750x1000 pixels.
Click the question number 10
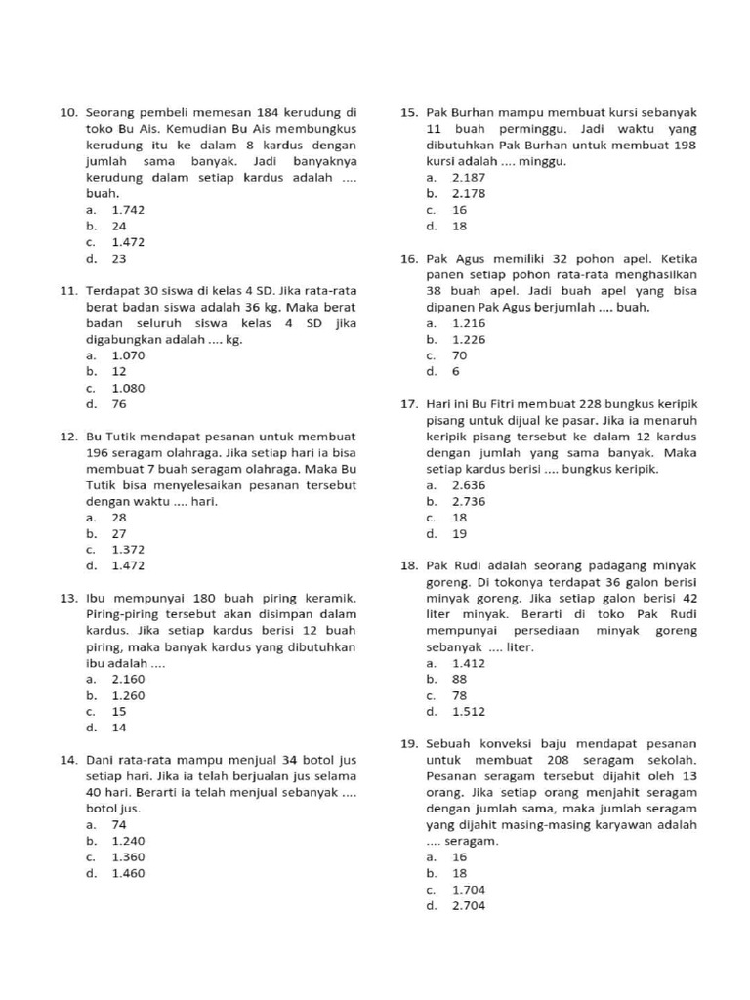(x=67, y=113)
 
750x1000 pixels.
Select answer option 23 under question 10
(x=119, y=259)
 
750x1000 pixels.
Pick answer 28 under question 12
(x=119, y=518)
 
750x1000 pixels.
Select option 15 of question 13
(x=119, y=711)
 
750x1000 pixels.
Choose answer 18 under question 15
(x=459, y=227)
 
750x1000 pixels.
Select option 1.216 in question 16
(x=468, y=323)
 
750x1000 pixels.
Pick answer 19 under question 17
(x=459, y=534)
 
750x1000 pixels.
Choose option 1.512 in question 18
(x=468, y=712)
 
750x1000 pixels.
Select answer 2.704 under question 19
(x=468, y=905)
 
